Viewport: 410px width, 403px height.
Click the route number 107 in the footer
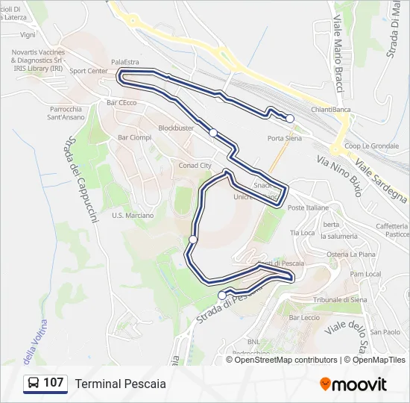click(53, 383)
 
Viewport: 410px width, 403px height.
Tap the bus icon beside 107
click(34, 384)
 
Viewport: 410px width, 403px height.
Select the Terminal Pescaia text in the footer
click(120, 384)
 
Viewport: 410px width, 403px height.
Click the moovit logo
click(353, 384)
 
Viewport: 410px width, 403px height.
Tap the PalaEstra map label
click(125, 62)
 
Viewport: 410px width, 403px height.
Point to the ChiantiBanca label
click(331, 109)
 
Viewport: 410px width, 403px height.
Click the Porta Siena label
click(284, 138)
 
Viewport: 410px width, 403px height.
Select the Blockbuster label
click(176, 128)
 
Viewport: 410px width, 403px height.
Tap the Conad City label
click(195, 165)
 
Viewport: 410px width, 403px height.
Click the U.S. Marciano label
click(132, 216)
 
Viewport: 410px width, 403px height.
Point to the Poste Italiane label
click(308, 207)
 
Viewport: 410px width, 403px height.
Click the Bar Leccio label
click(304, 318)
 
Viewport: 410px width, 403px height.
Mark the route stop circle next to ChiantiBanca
click(290, 119)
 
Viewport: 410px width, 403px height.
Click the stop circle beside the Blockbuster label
click(213, 133)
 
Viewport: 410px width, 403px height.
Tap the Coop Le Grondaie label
click(371, 146)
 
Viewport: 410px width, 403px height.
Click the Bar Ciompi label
click(134, 137)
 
